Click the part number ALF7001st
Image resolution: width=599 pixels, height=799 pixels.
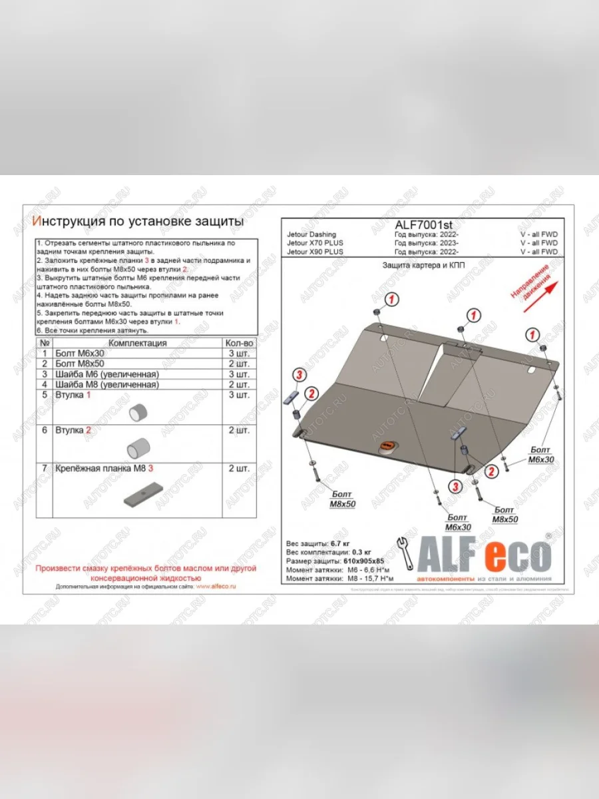point(423,225)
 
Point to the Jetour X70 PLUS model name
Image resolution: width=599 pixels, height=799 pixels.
point(315,243)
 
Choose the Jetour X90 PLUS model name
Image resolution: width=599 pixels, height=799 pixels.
point(315,252)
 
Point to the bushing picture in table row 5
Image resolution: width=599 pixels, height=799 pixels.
point(138,412)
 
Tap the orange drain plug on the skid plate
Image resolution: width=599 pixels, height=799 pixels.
point(387,446)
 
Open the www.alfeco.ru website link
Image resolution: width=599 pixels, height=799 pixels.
point(216,587)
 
